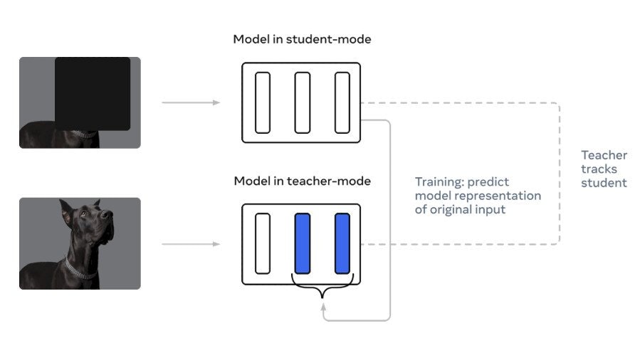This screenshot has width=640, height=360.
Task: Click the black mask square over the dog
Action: tap(93, 93)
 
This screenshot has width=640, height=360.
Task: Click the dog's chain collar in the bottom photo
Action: tap(80, 268)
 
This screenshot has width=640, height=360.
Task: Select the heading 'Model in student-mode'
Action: tap(302, 39)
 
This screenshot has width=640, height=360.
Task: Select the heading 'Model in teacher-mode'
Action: tap(302, 181)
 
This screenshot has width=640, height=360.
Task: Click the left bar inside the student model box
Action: tap(263, 102)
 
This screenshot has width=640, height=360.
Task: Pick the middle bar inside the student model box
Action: tap(303, 102)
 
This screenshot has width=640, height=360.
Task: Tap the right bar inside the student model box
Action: tap(342, 102)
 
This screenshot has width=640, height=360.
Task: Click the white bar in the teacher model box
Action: tap(263, 243)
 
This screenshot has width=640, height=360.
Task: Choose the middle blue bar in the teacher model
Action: tap(303, 243)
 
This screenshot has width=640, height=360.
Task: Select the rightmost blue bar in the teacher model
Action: tap(342, 243)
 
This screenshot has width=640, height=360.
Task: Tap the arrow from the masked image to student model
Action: tap(191, 102)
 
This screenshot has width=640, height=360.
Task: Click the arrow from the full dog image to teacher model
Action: tap(191, 244)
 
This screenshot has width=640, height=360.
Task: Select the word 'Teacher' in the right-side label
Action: tap(604, 155)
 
